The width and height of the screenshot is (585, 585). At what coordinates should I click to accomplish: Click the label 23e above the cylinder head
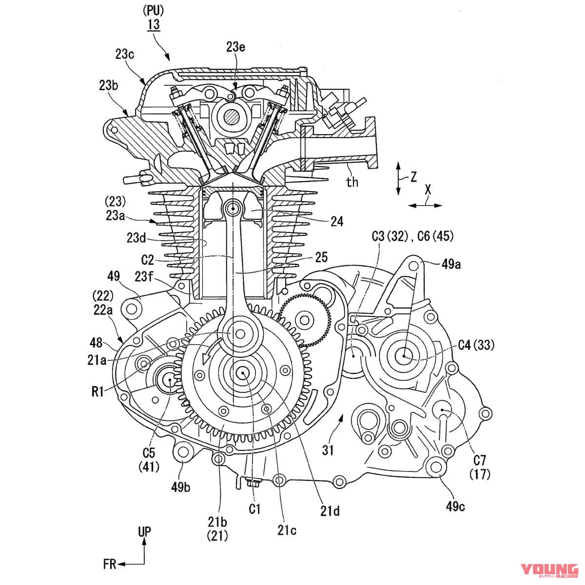pos(236,47)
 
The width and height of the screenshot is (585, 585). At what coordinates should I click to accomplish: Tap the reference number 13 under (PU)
pos(154,24)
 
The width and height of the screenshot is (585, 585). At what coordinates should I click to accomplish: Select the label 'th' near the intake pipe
pos(352,182)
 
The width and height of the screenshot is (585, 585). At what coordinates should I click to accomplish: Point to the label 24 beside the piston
pos(336,222)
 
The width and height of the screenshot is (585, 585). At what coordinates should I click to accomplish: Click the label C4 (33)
pos(476,346)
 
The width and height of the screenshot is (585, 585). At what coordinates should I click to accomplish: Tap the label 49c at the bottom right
pos(455,507)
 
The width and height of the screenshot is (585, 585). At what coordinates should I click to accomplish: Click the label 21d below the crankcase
pos(330,511)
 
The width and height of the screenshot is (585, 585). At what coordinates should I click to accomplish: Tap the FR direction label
pos(110,565)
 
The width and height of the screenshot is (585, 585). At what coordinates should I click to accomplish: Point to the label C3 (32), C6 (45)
pos(412,236)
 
